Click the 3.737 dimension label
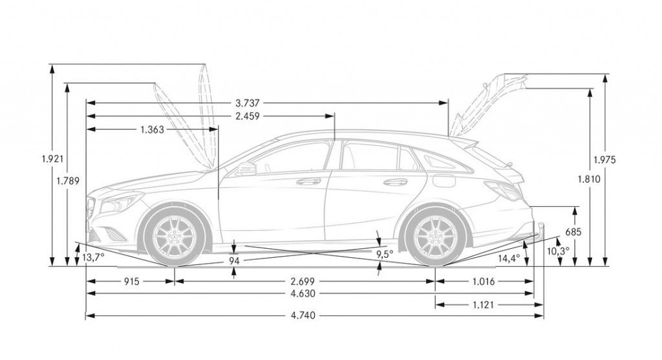[248, 103]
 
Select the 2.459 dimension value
[248, 116]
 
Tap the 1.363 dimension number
[152, 129]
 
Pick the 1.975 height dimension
[604, 160]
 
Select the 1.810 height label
[590, 180]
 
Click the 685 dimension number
[574, 231]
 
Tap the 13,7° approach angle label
[93, 257]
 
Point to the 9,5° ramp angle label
[385, 254]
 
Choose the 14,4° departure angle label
[509, 257]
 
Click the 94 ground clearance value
[234, 260]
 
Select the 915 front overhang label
[130, 281]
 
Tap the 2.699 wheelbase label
[303, 281]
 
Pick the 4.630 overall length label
[303, 293]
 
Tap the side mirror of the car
[246, 169]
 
